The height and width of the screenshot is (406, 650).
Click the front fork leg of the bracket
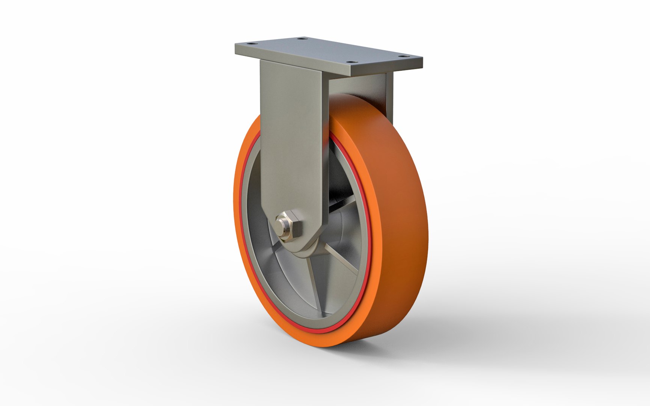pos(291,143)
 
